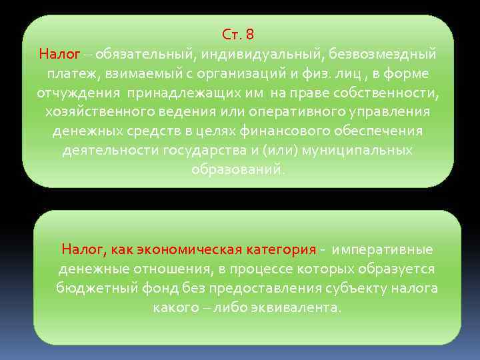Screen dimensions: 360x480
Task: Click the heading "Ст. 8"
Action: [x=238, y=34]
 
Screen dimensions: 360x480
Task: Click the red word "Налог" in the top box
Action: [x=60, y=53]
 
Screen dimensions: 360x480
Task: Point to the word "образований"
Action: [x=237, y=169]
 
